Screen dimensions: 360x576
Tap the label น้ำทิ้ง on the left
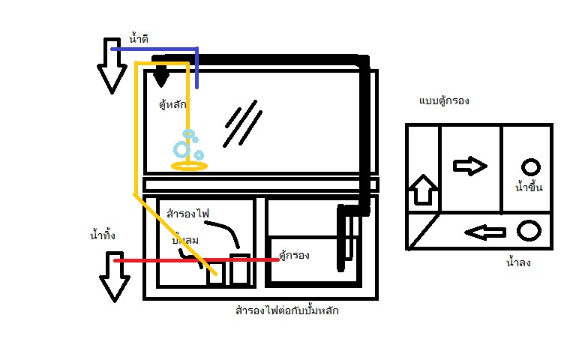[103, 236]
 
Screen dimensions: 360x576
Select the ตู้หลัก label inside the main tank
[172, 105]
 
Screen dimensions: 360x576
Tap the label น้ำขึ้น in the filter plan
[529, 187]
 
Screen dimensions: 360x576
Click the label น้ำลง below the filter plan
[519, 262]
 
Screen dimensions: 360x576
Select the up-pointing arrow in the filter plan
[422, 192]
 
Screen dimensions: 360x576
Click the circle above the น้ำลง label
[529, 230]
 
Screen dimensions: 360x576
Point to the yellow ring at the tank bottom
[188, 165]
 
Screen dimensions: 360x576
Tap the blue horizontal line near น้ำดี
[154, 49]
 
